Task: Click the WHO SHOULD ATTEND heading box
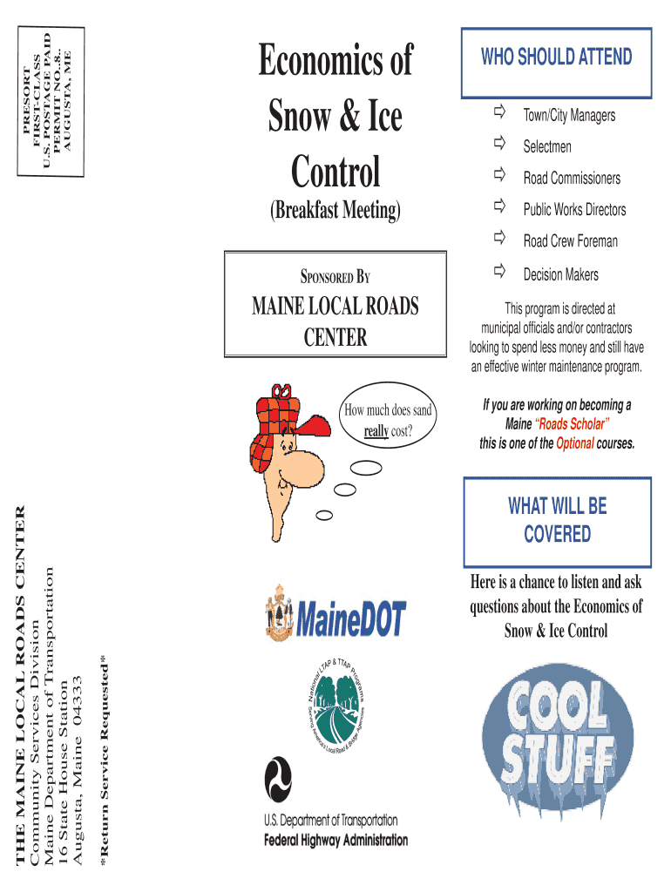pyautogui.click(x=557, y=57)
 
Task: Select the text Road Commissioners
pyautogui.click(x=572, y=179)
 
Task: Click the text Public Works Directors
pyautogui.click(x=574, y=210)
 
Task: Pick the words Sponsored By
pyautogui.click(x=335, y=279)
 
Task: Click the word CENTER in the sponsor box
pyautogui.click(x=335, y=338)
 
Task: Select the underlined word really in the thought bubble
pyautogui.click(x=376, y=431)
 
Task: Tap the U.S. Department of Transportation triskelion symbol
pyautogui.click(x=280, y=777)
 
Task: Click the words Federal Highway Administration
pyautogui.click(x=335, y=841)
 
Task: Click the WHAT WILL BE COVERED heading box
pyautogui.click(x=558, y=520)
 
